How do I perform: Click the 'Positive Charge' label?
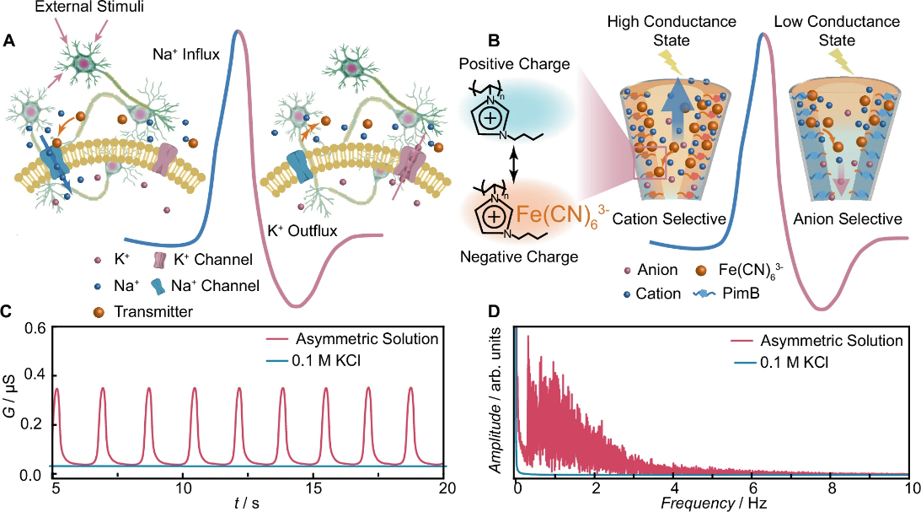[x=519, y=64]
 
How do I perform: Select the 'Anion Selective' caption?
[x=849, y=219]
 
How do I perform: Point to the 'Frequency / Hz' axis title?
[x=712, y=504]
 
